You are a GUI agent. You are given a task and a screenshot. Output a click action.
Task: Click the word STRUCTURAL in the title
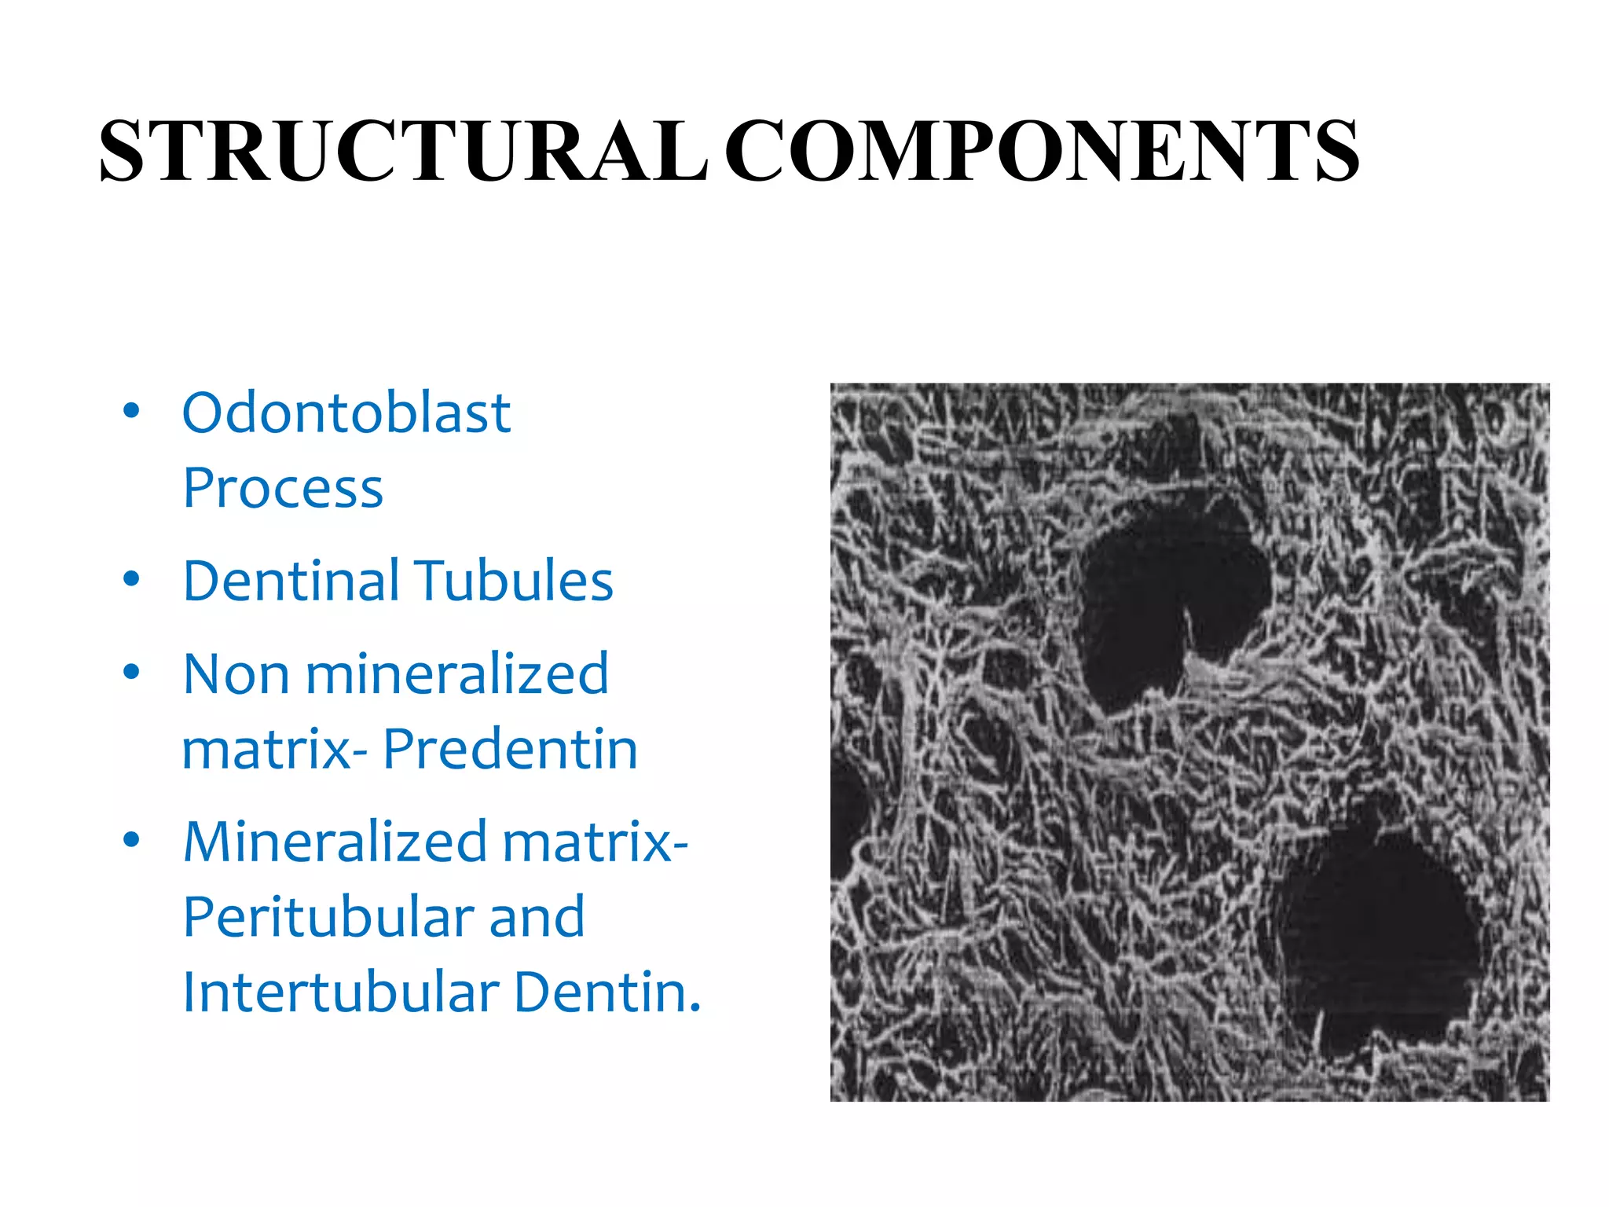pos(402,151)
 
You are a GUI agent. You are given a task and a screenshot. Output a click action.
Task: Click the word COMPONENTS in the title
pos(1042,151)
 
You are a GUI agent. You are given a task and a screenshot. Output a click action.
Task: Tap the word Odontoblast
pos(346,413)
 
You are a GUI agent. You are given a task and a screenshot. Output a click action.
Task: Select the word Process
pos(283,489)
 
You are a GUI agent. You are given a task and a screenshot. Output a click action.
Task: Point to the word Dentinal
pos(291,581)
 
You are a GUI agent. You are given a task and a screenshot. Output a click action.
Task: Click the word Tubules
pos(514,581)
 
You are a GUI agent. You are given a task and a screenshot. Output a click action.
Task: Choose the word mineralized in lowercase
pos(457,674)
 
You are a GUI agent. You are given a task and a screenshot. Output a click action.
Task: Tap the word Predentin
pos(511,749)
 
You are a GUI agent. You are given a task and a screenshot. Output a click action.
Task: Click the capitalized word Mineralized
pos(336,842)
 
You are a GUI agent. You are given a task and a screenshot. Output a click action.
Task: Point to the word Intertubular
pos(340,992)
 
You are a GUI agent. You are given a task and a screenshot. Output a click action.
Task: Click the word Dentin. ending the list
pos(607,992)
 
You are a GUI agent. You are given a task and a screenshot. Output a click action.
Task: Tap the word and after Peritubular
pos(537,917)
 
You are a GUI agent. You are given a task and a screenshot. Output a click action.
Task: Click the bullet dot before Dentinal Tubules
pos(131,579)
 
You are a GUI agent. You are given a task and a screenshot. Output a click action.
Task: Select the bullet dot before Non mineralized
pos(131,672)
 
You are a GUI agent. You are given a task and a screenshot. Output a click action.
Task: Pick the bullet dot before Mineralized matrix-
pos(131,839)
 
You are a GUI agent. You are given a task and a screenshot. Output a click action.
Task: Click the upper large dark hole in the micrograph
pos(1163,597)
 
